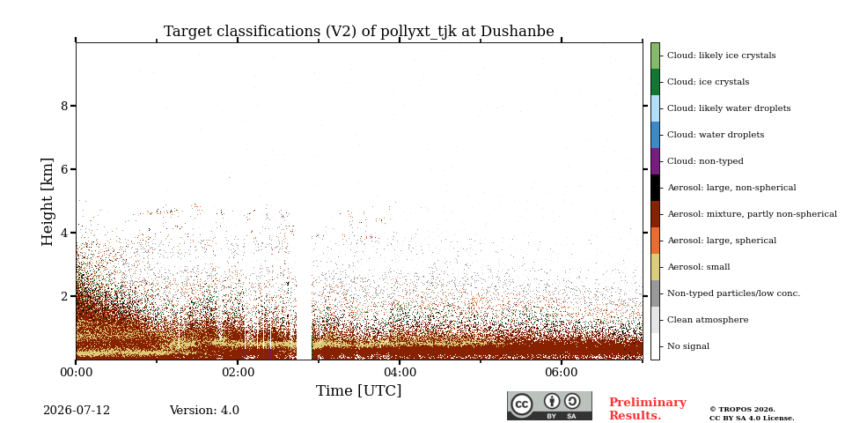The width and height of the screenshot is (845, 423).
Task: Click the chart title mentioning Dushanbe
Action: pos(359,32)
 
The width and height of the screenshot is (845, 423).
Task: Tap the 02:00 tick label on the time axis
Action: pos(238,373)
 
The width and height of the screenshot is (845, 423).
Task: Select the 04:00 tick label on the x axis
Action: pos(400,373)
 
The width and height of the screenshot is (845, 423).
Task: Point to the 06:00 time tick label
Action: pos(562,373)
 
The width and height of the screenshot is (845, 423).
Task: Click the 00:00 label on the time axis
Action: pos(76,373)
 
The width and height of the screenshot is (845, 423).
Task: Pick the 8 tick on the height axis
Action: pos(64,106)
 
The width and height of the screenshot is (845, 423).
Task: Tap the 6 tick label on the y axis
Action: pos(64,169)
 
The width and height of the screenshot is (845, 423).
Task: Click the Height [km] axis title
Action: pos(48,202)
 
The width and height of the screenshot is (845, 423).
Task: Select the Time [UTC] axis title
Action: pos(359,390)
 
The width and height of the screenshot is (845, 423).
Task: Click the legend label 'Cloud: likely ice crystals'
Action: pos(722,56)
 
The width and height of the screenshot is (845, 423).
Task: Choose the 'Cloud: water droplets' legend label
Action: pos(716,135)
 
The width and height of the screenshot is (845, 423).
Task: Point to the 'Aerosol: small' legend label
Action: pos(699,267)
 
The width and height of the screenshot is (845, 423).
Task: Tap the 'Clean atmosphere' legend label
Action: pos(708,320)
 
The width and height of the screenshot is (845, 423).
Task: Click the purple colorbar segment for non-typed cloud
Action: pos(655,161)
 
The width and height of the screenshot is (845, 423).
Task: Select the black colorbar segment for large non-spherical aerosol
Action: pos(655,188)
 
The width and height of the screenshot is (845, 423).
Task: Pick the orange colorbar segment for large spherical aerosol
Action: pos(655,241)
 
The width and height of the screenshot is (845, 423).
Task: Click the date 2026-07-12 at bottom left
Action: pos(77,411)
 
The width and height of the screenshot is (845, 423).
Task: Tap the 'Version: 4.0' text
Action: pos(204,411)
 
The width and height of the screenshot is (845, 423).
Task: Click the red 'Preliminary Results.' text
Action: pos(648,409)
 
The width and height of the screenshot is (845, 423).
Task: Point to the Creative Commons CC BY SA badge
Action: pos(549,405)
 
